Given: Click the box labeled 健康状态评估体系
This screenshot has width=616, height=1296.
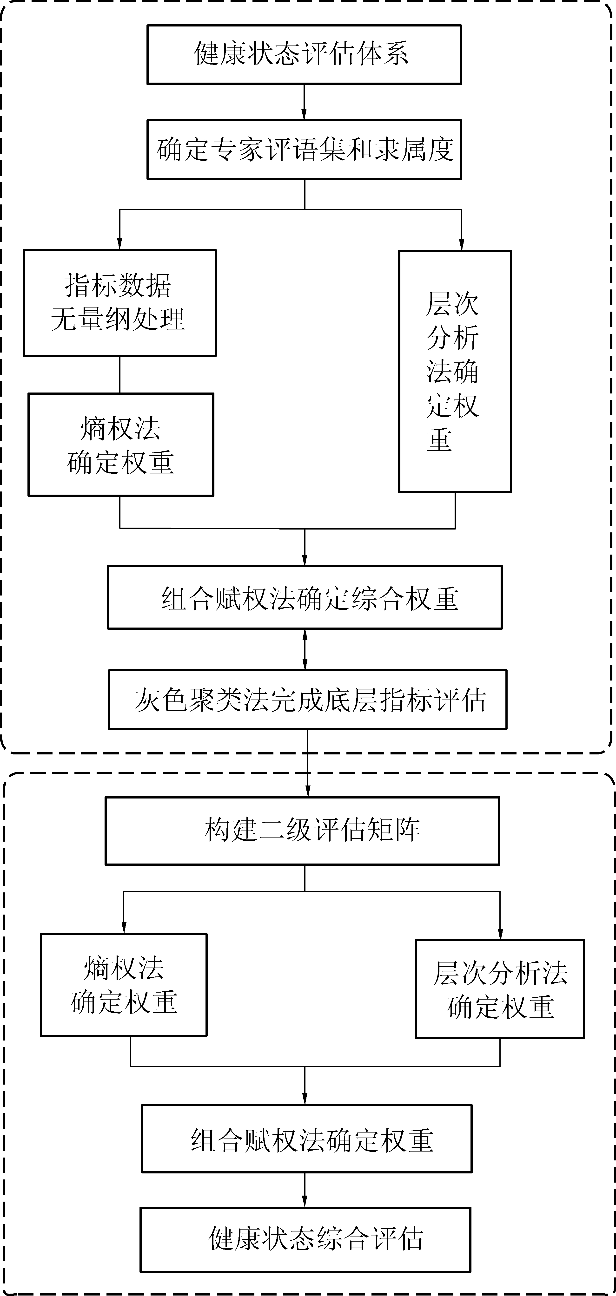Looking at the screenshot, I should [304, 54].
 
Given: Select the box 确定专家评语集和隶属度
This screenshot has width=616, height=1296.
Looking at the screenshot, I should [304, 150].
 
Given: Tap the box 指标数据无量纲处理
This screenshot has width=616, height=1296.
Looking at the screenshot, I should [120, 303].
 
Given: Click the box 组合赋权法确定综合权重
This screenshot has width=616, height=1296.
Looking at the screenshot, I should [305, 597].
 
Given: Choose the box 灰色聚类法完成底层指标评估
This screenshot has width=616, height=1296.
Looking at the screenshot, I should [307, 699].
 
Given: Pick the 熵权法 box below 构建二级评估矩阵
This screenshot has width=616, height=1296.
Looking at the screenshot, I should [124, 985].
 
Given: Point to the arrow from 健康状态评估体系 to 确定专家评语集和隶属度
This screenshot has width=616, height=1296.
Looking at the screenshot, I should [304, 102].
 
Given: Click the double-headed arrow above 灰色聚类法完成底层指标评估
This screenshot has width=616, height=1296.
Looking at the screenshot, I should [305, 649].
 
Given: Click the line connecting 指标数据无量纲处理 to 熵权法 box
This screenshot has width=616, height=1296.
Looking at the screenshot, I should [120, 375].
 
